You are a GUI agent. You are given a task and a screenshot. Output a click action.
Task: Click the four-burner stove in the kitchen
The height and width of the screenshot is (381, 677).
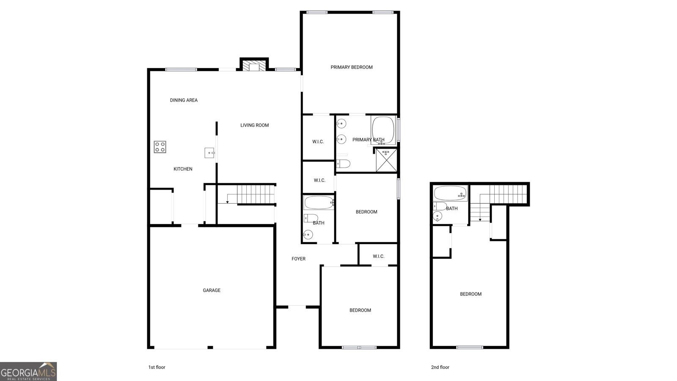pyautogui.click(x=160, y=147)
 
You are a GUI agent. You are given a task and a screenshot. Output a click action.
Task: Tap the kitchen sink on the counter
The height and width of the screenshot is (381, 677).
pyautogui.click(x=209, y=152)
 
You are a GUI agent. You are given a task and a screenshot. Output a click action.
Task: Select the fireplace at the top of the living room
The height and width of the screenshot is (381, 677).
pyautogui.click(x=254, y=66)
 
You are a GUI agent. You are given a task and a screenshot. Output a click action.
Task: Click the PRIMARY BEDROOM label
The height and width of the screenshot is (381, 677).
pyautogui.click(x=352, y=67)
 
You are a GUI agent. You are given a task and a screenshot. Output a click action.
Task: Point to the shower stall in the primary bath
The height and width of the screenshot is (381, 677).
pyautogui.click(x=386, y=160)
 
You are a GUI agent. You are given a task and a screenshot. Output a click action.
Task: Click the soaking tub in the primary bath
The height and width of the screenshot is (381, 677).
pyautogui.click(x=383, y=130)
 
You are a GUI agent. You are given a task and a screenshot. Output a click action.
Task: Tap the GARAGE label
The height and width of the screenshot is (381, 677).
pyautogui.click(x=212, y=290)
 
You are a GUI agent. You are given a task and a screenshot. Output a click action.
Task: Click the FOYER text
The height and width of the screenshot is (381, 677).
pyautogui.click(x=298, y=259)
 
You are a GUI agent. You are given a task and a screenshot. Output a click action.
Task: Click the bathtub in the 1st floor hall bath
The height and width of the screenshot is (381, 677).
pyautogui.click(x=319, y=202)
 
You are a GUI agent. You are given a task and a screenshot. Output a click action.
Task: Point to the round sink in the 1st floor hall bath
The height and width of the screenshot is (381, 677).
pyautogui.click(x=308, y=235)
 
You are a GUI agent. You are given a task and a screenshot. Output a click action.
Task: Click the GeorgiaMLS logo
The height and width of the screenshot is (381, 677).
pyautogui.click(x=28, y=372)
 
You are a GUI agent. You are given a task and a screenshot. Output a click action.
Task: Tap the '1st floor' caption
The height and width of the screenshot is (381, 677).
pyautogui.click(x=157, y=367)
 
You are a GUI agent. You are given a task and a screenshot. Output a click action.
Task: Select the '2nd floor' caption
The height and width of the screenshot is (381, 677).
pyautogui.click(x=440, y=367)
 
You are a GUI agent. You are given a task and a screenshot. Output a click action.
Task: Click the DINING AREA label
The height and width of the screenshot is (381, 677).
pyautogui.click(x=184, y=100)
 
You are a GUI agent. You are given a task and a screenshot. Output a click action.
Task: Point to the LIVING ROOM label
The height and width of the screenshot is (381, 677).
pyautogui.click(x=255, y=125)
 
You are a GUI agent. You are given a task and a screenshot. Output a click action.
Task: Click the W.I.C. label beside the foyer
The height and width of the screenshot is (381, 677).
pyautogui.click(x=378, y=257)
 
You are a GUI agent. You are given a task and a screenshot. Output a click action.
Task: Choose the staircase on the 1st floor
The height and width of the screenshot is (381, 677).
pyautogui.click(x=253, y=194)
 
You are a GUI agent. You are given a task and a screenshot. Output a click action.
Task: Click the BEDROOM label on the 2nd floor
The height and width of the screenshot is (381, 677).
pyautogui.click(x=471, y=294)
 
